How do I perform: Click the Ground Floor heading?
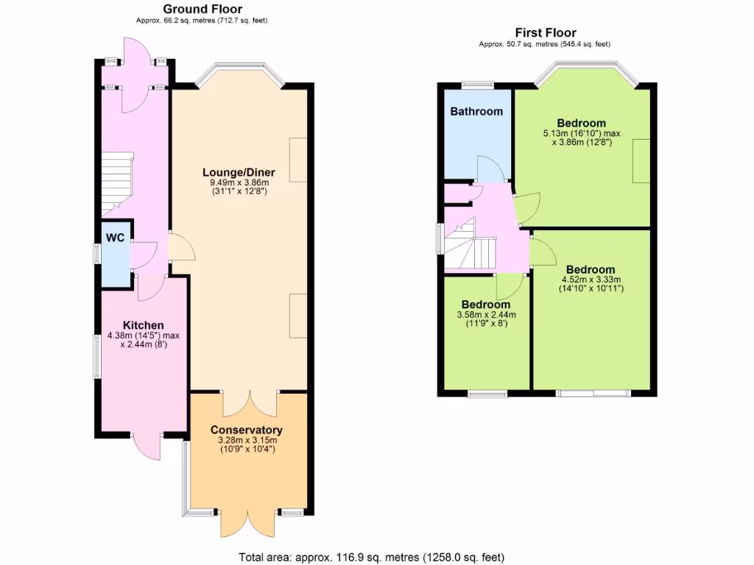(202, 9)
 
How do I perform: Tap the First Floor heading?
(545, 32)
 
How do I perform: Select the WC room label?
(115, 238)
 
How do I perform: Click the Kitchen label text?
(143, 325)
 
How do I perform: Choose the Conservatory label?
(246, 430)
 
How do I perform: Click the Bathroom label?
(476, 112)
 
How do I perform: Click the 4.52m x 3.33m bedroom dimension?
(592, 280)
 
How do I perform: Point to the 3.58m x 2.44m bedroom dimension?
(486, 314)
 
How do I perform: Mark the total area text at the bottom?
(372, 557)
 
